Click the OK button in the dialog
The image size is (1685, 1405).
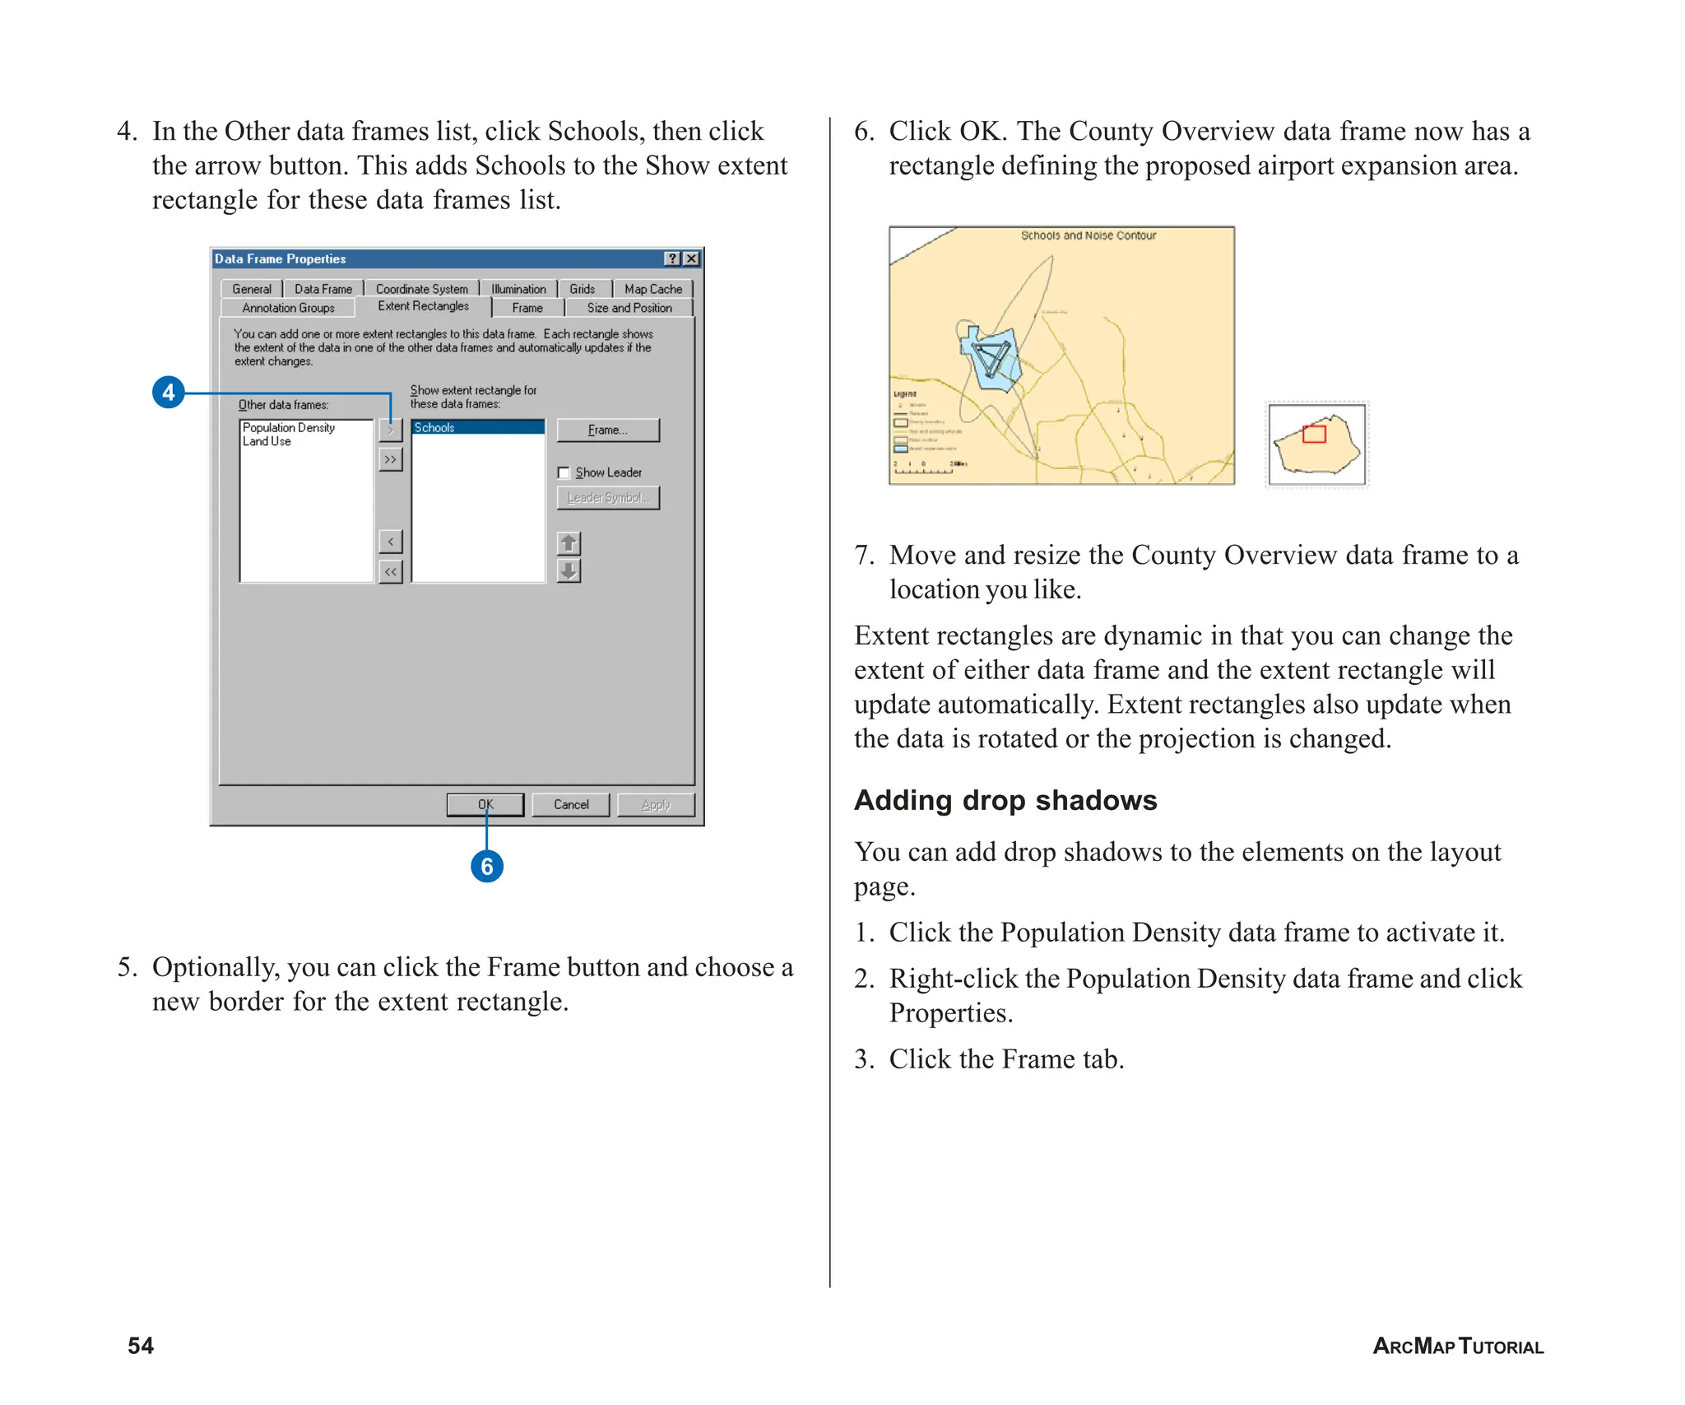pyautogui.click(x=485, y=804)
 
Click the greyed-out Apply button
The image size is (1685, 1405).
pyautogui.click(x=656, y=804)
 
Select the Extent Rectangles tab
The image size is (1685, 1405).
pyautogui.click(x=423, y=306)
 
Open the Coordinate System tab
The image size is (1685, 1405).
pyautogui.click(x=421, y=289)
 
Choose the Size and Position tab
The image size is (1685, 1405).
pyautogui.click(x=629, y=308)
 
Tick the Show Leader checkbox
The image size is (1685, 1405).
pyautogui.click(x=564, y=472)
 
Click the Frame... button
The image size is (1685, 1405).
pyautogui.click(x=607, y=430)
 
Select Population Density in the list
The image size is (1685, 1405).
pyautogui.click(x=289, y=427)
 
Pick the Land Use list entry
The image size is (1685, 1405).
pyautogui.click(x=267, y=441)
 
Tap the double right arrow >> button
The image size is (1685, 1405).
pyautogui.click(x=391, y=459)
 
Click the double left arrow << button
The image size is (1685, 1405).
pyautogui.click(x=391, y=571)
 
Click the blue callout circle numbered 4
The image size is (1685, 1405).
pyautogui.click(x=169, y=392)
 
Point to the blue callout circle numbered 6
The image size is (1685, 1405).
pyautogui.click(x=487, y=866)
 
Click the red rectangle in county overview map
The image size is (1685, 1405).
pyautogui.click(x=1314, y=434)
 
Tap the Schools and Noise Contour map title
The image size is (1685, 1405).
pyautogui.click(x=1088, y=235)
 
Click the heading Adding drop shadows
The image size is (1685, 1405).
pyautogui.click(x=1005, y=800)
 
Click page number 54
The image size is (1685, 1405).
pyautogui.click(x=141, y=1345)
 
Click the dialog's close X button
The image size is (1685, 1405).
pyautogui.click(x=692, y=258)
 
